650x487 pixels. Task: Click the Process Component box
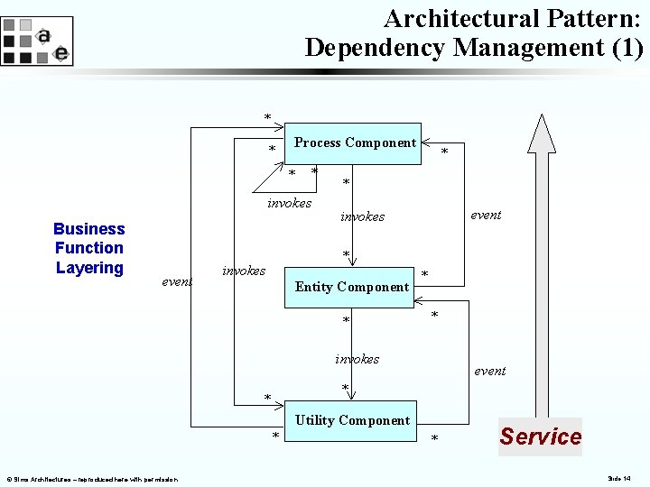pyautogui.click(x=356, y=143)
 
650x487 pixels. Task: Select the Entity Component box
pyautogui.click(x=352, y=288)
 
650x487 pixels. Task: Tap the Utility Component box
pyautogui.click(x=352, y=421)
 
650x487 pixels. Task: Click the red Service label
pyautogui.click(x=540, y=436)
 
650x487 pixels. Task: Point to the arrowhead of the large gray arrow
pyautogui.click(x=542, y=132)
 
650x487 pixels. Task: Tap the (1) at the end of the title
pyautogui.click(x=627, y=48)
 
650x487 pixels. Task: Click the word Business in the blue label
pyautogui.click(x=88, y=229)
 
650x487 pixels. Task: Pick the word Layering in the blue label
pyautogui.click(x=88, y=268)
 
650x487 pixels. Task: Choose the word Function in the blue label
pyautogui.click(x=88, y=248)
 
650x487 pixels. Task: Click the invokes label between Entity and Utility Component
pyautogui.click(x=357, y=359)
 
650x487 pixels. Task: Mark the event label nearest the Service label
pyautogui.click(x=490, y=371)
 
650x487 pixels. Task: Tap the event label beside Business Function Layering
pyautogui.click(x=177, y=282)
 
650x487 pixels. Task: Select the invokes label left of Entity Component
pyautogui.click(x=244, y=271)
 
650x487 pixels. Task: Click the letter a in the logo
pyautogui.click(x=43, y=36)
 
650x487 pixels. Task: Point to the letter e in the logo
pyautogui.click(x=60, y=53)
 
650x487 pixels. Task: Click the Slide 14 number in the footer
pyautogui.click(x=620, y=478)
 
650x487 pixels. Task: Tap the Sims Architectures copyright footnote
pyautogui.click(x=90, y=478)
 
